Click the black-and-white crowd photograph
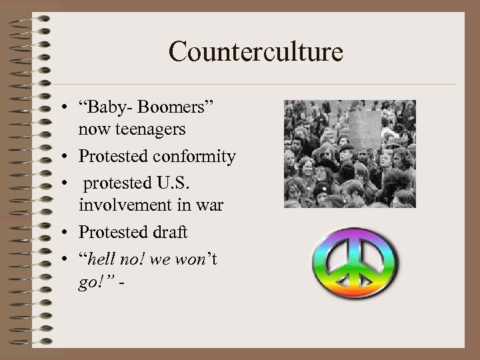349,154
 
